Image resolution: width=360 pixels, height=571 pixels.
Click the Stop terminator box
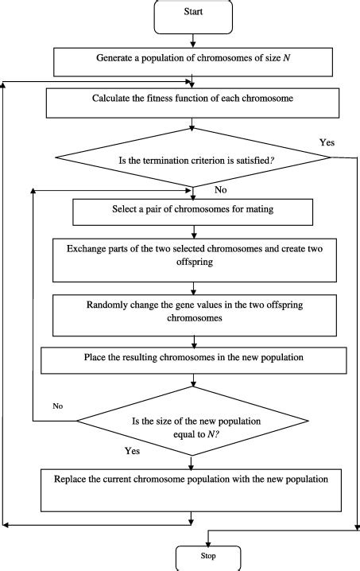[x=207, y=555]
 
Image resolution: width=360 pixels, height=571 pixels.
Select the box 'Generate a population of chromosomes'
[x=192, y=59]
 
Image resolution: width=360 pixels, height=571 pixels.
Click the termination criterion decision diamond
[x=192, y=158]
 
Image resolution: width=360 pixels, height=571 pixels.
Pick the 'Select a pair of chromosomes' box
[x=192, y=212]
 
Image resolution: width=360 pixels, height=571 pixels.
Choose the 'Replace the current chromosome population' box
[x=192, y=487]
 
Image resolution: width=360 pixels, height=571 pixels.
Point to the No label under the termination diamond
[x=222, y=191]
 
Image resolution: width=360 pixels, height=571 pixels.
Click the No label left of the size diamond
[x=58, y=406]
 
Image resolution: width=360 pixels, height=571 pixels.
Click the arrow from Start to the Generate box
[x=192, y=41]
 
